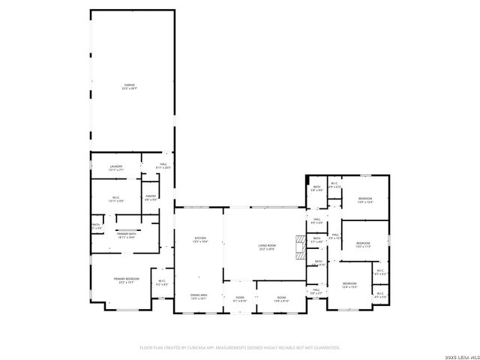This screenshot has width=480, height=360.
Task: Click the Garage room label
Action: point(130,87)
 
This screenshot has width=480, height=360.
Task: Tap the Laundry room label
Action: point(115,168)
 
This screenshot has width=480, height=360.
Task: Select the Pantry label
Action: point(151,197)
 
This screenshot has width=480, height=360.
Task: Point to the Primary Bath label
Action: point(126,235)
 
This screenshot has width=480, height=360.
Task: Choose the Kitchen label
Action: point(199,240)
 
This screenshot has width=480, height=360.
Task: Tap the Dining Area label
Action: point(199,297)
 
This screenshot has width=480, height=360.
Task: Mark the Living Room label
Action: point(268,247)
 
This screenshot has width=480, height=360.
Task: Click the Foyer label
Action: point(240,299)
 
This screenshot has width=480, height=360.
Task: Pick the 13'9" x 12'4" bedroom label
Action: point(365,199)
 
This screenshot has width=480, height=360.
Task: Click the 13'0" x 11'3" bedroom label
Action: point(363,245)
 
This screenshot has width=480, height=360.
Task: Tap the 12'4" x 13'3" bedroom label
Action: point(349,285)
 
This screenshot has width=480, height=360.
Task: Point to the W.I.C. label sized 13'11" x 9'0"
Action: point(115,199)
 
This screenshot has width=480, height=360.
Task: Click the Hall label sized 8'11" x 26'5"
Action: point(163,166)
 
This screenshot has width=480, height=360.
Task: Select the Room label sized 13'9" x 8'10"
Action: point(281,299)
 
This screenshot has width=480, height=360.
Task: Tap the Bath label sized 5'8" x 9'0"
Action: point(316,188)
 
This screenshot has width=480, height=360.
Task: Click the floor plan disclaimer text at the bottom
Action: point(240,347)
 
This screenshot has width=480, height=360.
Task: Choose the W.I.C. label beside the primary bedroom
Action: point(161,283)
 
